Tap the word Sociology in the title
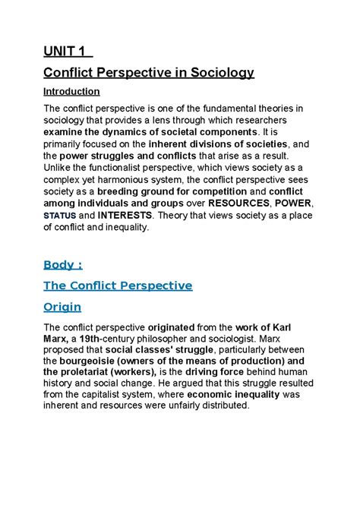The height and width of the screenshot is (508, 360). [218, 74]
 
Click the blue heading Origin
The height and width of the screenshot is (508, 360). [63, 308]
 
